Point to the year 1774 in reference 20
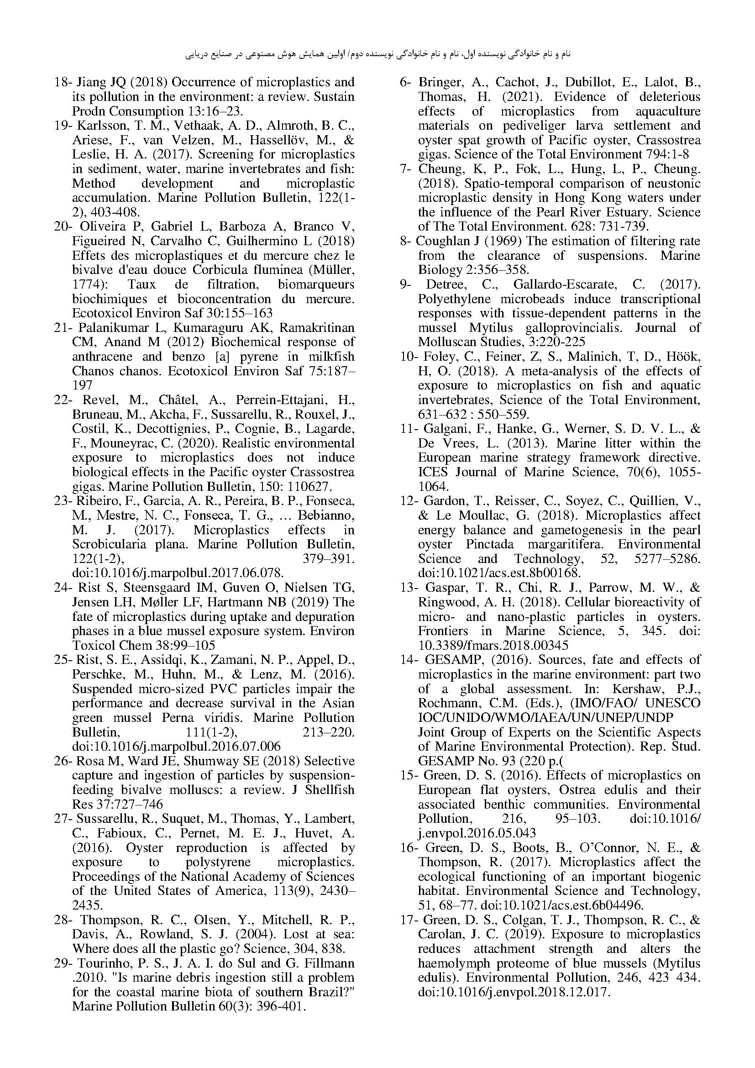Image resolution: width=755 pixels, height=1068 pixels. click(85, 284)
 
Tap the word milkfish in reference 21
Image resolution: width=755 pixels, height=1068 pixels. click(331, 356)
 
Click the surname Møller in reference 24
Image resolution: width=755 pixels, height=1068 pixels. click(158, 602)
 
